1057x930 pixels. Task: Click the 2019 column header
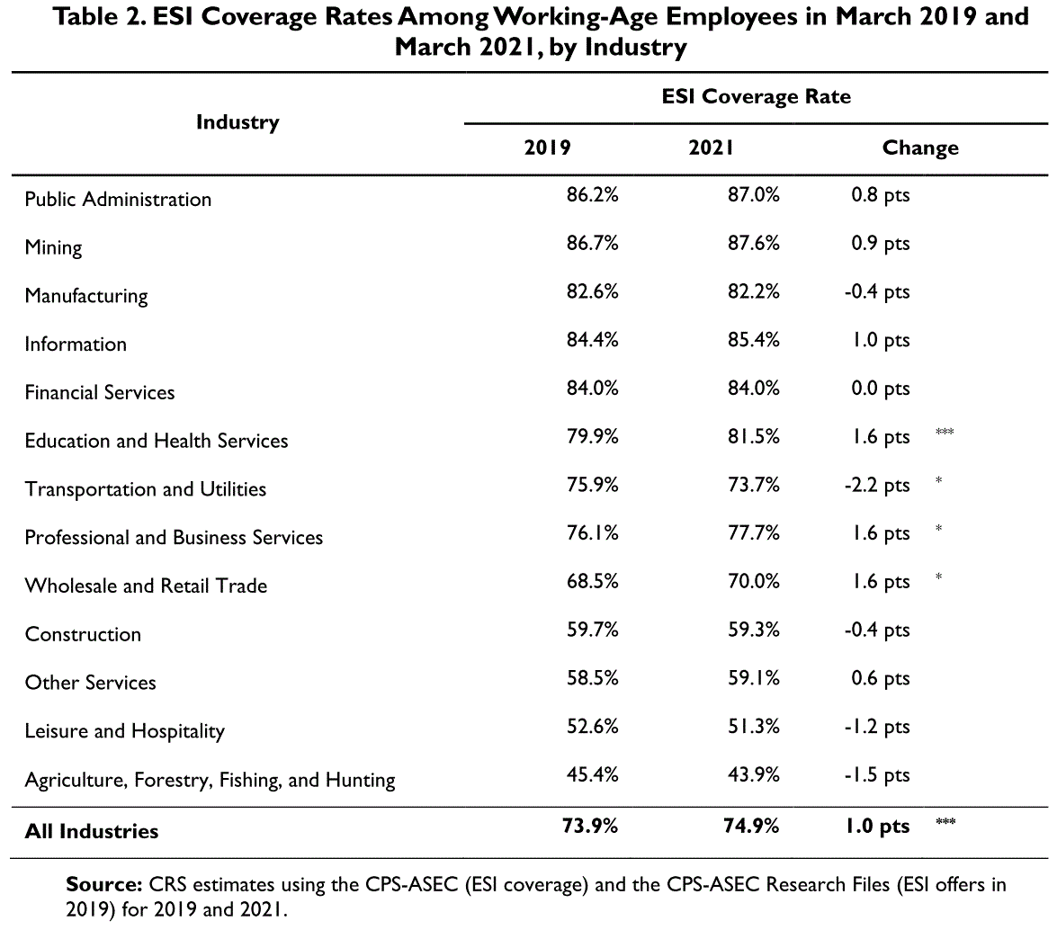(547, 148)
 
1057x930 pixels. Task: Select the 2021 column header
(711, 148)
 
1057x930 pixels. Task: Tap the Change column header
(920, 148)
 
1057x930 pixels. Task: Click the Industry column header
(237, 122)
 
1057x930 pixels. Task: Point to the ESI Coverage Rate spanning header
(756, 96)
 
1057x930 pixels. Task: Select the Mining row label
(53, 248)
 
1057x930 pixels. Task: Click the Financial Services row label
(100, 392)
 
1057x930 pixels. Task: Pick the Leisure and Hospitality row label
(125, 731)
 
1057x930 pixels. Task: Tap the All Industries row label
(92, 831)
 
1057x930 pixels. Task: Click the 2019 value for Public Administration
(592, 195)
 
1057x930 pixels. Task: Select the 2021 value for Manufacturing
(753, 291)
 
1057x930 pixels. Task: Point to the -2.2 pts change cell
(876, 485)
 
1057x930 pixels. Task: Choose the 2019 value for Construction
(592, 630)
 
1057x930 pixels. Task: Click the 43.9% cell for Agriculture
(753, 775)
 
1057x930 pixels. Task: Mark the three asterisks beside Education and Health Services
(945, 432)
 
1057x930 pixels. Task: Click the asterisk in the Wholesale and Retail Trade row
(938, 577)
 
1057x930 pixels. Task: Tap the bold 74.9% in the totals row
(751, 827)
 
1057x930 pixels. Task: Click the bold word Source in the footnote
(103, 884)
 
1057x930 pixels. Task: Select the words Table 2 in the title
(99, 16)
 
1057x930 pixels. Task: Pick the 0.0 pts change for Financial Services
(880, 389)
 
